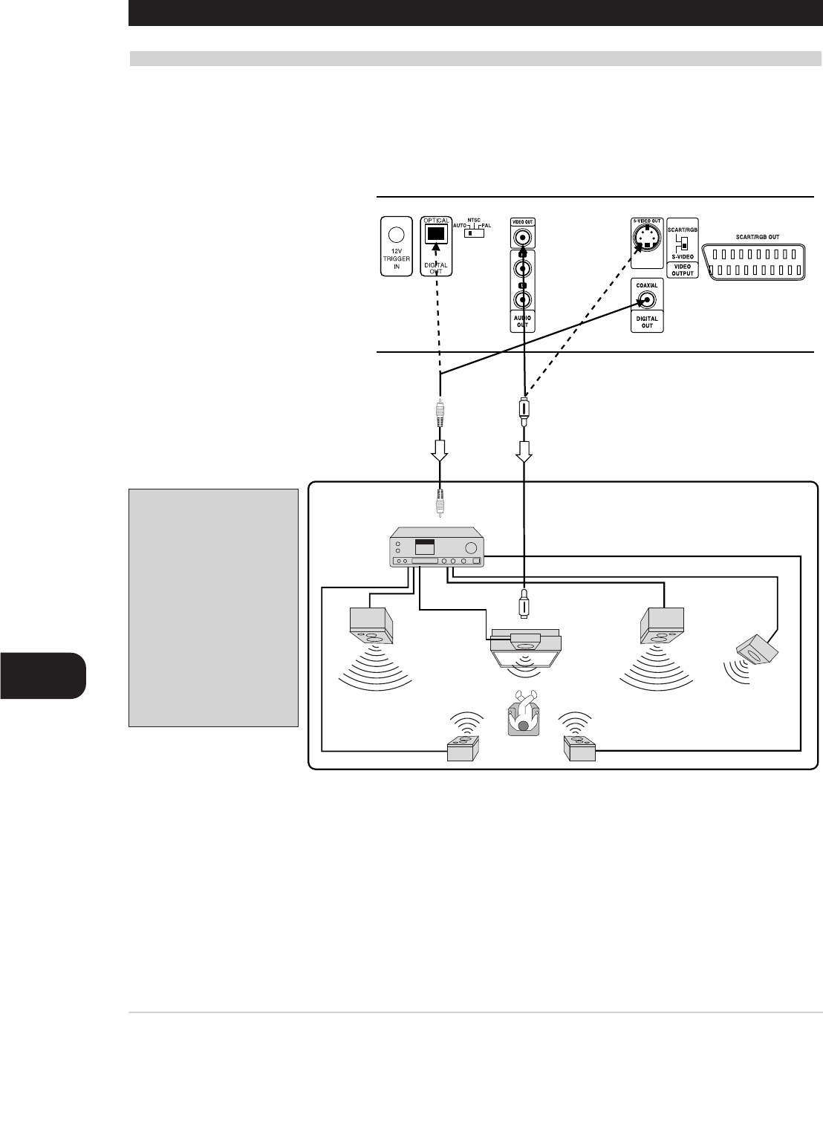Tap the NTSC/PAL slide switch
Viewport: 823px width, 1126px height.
[473, 232]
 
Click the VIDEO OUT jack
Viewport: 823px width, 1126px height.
[524, 238]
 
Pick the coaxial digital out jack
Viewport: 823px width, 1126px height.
[647, 300]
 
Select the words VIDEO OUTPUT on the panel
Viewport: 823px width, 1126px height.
[682, 270]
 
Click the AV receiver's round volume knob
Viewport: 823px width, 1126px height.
[469, 548]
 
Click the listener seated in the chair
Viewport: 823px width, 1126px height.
[524, 715]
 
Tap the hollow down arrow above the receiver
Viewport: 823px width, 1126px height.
[440, 450]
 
